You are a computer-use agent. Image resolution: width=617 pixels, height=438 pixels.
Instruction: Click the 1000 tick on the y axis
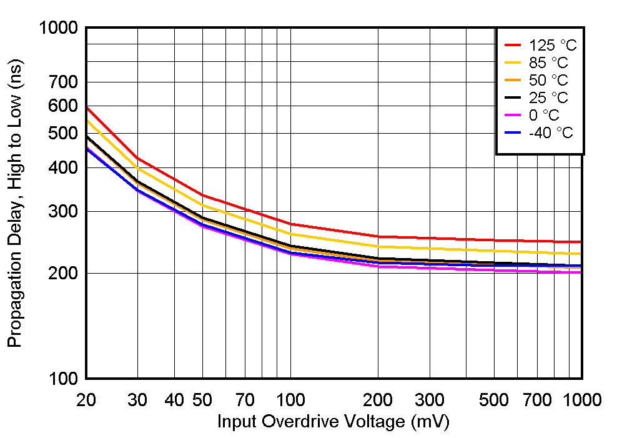click(58, 28)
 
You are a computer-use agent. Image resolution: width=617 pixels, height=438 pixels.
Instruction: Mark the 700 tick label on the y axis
click(64, 82)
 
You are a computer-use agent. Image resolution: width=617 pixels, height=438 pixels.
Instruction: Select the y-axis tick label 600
click(64, 106)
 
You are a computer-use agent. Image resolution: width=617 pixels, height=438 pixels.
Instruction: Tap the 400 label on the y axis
click(64, 167)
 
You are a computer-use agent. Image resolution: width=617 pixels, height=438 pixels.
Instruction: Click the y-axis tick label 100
click(64, 379)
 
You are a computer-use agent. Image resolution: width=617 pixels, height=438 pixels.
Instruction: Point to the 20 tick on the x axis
click(86, 400)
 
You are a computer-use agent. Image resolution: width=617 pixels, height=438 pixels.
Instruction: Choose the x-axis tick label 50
click(202, 400)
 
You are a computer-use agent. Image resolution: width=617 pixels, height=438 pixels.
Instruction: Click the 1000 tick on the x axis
click(582, 400)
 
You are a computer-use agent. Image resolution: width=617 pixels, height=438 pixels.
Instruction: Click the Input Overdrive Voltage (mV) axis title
click(333, 422)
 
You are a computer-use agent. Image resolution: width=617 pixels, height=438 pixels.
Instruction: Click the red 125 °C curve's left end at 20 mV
click(87, 107)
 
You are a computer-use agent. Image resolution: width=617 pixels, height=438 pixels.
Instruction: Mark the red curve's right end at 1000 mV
click(581, 242)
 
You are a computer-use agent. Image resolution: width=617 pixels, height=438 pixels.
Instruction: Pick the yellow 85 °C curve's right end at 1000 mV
click(581, 254)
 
